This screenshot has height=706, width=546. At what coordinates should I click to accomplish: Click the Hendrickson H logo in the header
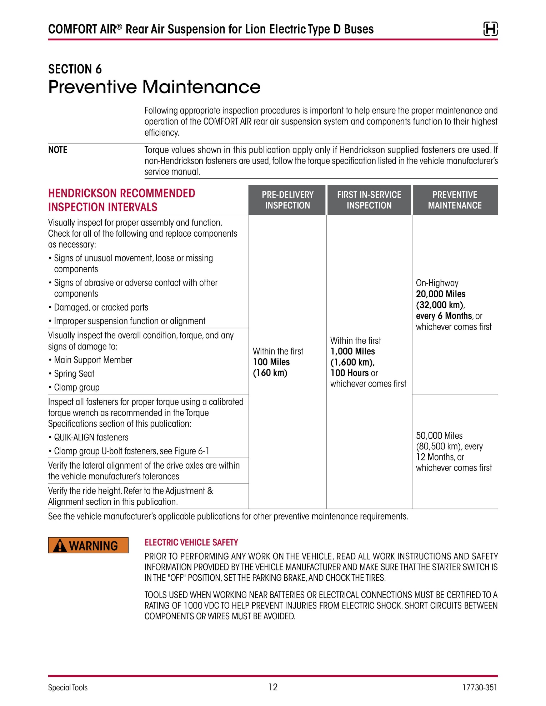click(490, 29)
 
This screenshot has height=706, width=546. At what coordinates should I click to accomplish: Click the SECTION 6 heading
click(75, 69)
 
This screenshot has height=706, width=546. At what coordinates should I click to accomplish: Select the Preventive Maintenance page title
click(154, 87)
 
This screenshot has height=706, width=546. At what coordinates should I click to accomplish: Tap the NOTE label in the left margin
click(57, 150)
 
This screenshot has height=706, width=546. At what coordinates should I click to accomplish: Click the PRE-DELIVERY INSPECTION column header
click(287, 200)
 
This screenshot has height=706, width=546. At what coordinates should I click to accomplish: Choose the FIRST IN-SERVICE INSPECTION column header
click(369, 200)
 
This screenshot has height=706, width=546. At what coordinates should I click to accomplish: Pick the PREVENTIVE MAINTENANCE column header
click(455, 200)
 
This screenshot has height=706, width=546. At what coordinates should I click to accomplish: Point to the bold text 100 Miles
click(271, 362)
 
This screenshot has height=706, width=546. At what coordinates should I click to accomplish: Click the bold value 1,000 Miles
click(353, 352)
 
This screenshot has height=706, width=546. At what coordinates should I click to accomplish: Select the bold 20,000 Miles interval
click(441, 294)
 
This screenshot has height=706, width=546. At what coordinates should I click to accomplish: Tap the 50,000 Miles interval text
click(439, 435)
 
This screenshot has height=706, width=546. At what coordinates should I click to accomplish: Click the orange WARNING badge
click(88, 545)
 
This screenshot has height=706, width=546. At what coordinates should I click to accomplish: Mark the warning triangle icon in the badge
click(60, 546)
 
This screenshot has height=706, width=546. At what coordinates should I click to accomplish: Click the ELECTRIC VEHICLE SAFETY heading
click(191, 543)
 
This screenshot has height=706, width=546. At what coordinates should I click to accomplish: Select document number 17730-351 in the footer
click(479, 688)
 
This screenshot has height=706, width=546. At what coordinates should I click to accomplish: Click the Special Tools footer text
click(68, 688)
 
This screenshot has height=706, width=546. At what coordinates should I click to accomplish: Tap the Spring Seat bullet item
click(74, 374)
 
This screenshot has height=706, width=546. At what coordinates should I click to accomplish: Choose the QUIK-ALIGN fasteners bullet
click(91, 437)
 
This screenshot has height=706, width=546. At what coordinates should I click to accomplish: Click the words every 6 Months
click(444, 316)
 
